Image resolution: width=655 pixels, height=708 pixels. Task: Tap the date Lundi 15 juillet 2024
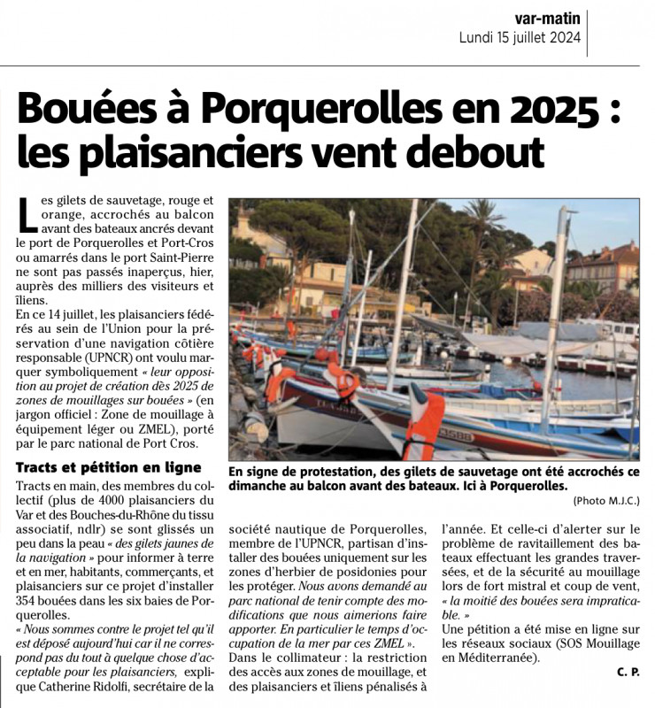click(x=520, y=37)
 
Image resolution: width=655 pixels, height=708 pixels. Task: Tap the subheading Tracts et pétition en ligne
click(x=110, y=467)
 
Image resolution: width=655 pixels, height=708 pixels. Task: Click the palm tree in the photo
click(x=482, y=221)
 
